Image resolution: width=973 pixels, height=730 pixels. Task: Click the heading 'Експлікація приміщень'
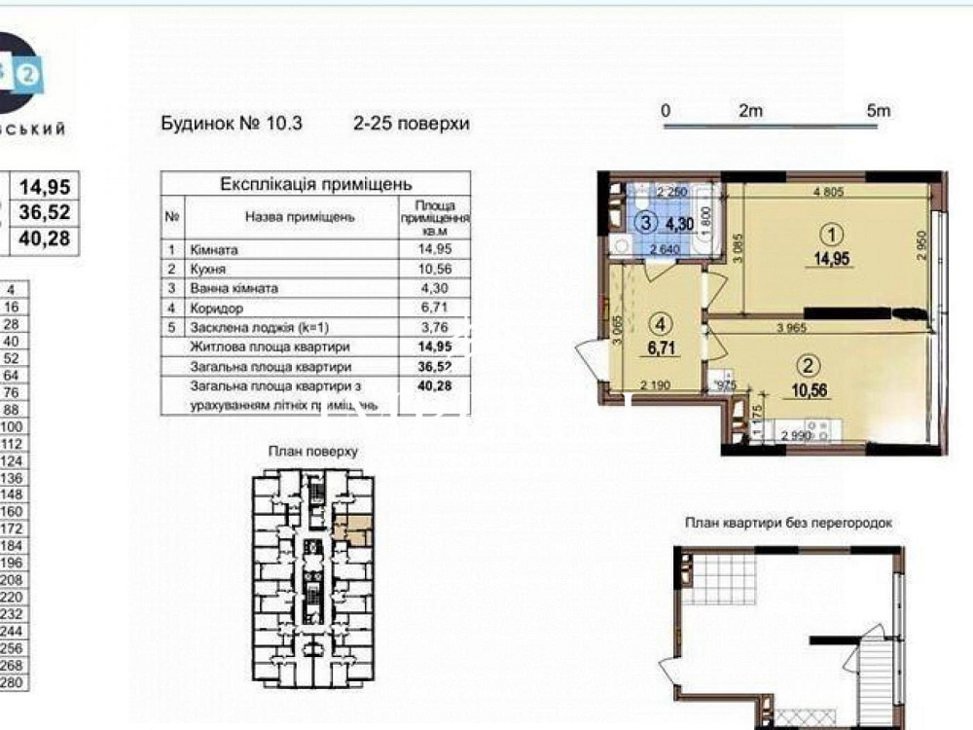[315, 184]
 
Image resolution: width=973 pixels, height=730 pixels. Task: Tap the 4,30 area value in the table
[434, 288]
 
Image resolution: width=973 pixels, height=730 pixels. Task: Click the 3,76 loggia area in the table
[434, 327]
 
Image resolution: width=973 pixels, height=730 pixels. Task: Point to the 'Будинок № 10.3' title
[232, 124]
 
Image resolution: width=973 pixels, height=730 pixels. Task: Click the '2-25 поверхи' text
[412, 124]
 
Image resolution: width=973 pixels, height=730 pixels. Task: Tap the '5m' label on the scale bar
[878, 111]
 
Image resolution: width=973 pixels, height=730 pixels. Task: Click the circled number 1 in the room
[829, 235]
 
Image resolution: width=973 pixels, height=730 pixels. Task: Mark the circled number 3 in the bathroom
[645, 223]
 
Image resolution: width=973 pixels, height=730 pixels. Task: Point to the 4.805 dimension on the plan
[828, 193]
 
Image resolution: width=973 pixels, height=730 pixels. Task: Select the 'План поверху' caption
[313, 452]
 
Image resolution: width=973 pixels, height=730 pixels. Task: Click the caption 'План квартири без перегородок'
[788, 523]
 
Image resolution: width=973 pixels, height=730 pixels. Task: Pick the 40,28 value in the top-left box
[47, 238]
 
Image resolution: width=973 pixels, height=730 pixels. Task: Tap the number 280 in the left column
[13, 683]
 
